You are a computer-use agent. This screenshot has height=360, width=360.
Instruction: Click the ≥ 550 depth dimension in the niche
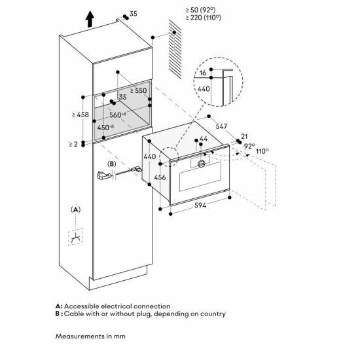tap(138, 92)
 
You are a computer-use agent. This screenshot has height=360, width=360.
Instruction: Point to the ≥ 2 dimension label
tap(73, 143)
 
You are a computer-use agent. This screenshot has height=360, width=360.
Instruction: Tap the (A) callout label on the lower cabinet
tap(76, 209)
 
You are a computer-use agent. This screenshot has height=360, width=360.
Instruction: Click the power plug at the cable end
tap(101, 175)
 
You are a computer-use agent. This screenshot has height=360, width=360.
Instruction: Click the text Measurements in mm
tap(90, 337)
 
